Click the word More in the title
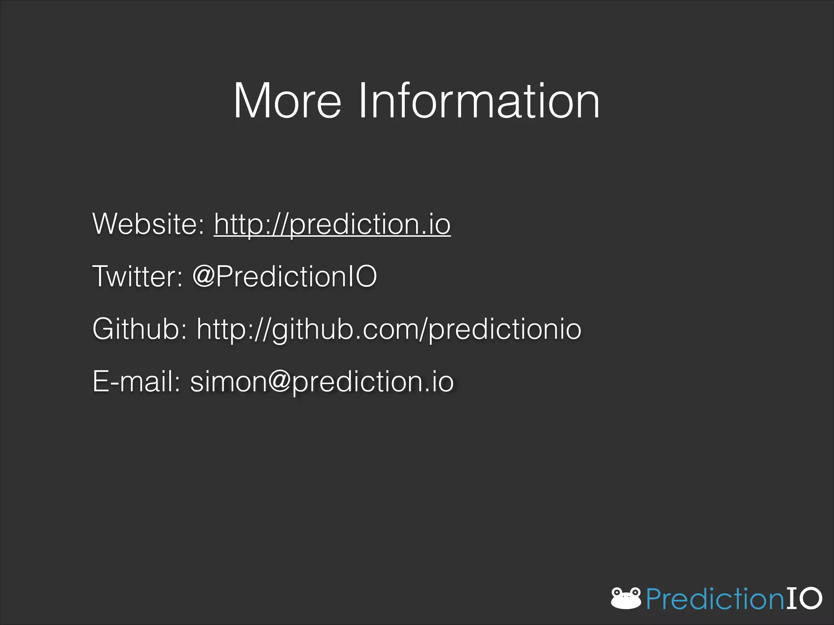coord(287,101)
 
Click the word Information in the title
coord(478,101)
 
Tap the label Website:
coord(148,224)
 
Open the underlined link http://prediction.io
coord(332,225)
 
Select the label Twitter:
coord(138,276)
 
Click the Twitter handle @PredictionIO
coord(285,276)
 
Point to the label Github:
coord(140,329)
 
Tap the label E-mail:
coord(136,381)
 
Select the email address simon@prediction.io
coord(322,382)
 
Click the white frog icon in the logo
coord(626,598)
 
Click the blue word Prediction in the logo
coord(715,599)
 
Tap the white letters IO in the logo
coord(804,598)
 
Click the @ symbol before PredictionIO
coord(204,276)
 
